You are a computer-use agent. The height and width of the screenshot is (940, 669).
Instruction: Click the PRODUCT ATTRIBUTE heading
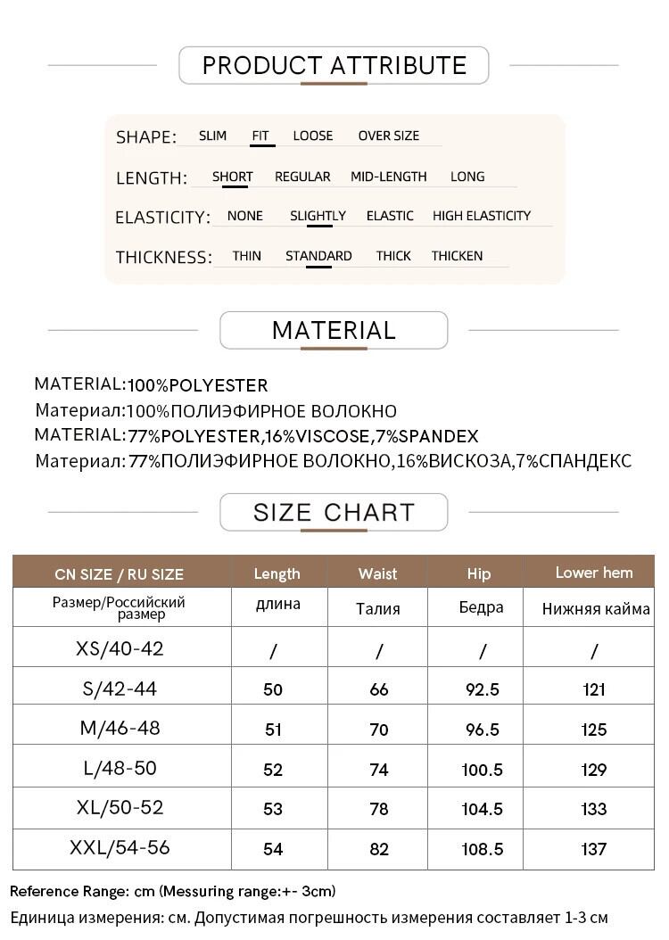(334, 65)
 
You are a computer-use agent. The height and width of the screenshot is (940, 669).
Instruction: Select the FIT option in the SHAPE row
(260, 136)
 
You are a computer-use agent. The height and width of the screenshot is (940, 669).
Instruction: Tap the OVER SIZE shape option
(388, 136)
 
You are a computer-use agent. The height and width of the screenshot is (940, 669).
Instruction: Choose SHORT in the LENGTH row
(232, 177)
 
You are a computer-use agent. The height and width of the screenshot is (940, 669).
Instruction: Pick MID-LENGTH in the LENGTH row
(388, 177)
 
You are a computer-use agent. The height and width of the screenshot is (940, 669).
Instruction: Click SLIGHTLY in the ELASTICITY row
(318, 216)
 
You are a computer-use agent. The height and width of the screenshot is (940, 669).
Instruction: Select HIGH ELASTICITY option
(481, 216)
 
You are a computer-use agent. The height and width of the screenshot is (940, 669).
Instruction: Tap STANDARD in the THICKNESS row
(318, 256)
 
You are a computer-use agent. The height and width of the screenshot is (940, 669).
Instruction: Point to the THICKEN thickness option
(457, 256)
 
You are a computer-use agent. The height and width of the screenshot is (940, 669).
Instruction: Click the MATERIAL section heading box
(334, 330)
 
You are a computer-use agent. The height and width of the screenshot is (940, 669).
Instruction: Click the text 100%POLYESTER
(197, 386)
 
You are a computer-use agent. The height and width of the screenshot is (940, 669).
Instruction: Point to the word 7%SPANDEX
(438, 436)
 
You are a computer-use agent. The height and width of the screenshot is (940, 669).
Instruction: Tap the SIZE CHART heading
(334, 513)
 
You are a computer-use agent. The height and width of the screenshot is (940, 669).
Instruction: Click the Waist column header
(377, 573)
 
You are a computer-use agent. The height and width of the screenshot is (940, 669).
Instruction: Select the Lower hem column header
(593, 573)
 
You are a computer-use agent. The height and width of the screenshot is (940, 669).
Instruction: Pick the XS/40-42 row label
(120, 648)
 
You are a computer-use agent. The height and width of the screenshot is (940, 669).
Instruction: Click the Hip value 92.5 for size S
(481, 689)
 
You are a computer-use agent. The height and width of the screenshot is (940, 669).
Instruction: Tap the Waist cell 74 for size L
(378, 770)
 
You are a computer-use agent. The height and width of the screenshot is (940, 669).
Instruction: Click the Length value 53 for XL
(273, 810)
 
